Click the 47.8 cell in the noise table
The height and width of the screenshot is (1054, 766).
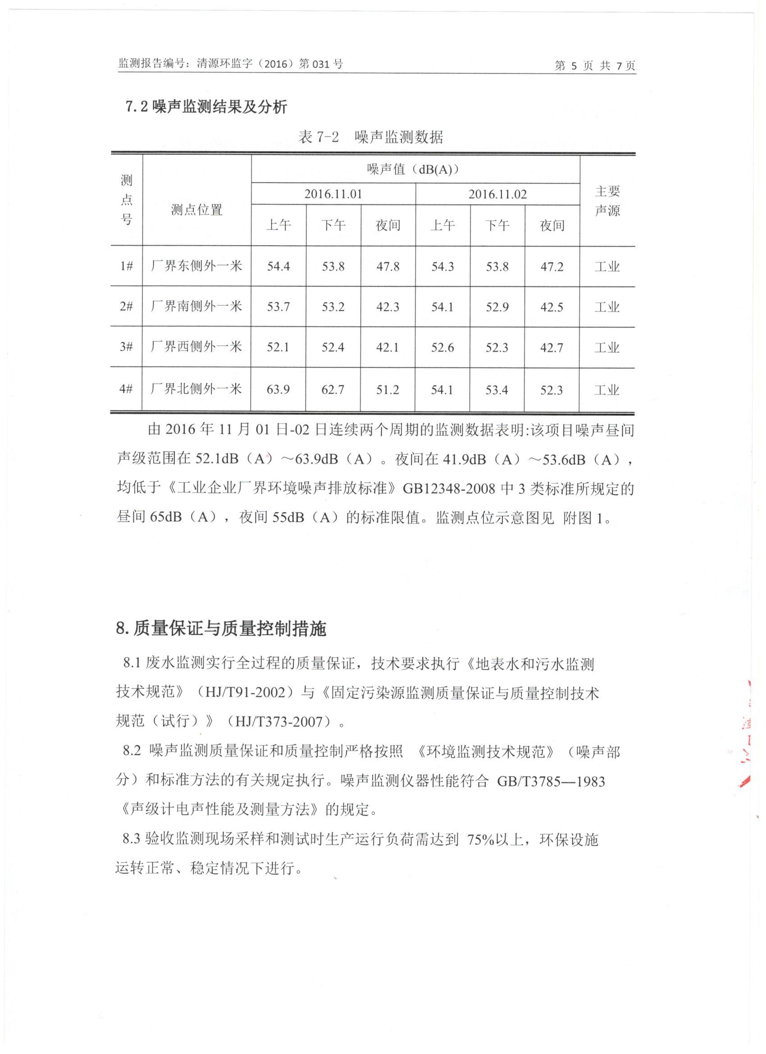pos(388,266)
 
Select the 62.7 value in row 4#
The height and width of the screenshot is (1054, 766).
pos(333,389)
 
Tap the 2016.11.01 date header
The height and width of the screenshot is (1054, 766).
pos(333,194)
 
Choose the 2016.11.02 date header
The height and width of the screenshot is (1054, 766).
pos(497,194)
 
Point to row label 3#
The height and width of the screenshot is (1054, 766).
pos(126,347)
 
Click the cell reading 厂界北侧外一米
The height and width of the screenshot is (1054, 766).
pos(196,389)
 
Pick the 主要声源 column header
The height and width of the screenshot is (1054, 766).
pos(607,201)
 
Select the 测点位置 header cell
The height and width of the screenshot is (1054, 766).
pos(196,210)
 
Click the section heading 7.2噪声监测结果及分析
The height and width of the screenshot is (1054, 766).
pos(207,107)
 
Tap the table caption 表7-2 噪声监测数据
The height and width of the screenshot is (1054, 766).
pos(371,137)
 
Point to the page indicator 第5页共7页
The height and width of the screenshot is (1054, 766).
pos(595,65)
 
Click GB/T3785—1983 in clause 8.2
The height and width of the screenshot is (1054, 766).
pos(551,782)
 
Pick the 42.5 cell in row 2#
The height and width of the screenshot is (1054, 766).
pos(552,307)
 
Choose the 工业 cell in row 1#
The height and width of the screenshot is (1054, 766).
pos(607,266)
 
